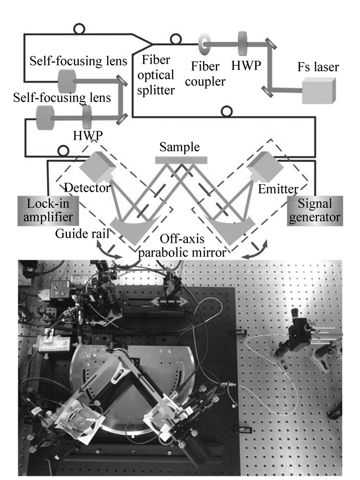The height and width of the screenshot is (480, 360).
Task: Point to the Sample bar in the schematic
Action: pyautogui.click(x=182, y=160)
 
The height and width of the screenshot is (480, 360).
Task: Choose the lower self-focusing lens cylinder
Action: pyautogui.click(x=45, y=117)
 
